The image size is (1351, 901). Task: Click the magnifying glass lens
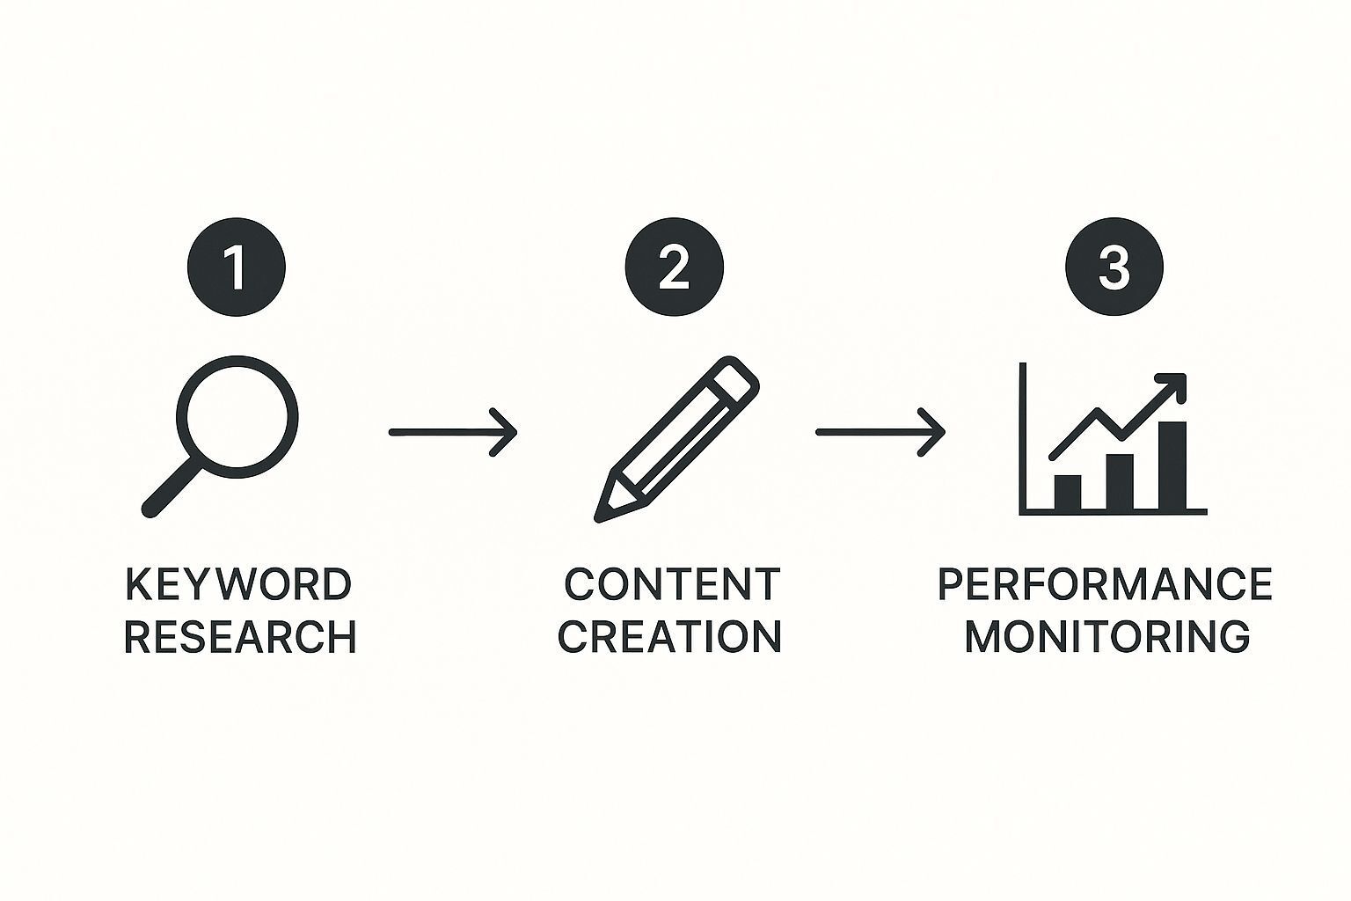[237, 416]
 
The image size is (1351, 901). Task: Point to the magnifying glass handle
[172, 488]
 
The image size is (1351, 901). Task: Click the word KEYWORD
[238, 584]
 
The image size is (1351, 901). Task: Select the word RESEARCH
[240, 637]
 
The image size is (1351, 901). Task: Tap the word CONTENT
[672, 584]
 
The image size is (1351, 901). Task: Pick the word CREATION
[670, 637]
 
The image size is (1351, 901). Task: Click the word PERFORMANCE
[1106, 584]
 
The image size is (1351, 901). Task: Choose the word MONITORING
[1107, 637]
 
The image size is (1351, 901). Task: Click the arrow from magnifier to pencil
[453, 432]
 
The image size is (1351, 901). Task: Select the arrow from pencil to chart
[880, 432]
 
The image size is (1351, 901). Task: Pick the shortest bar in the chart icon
[1068, 492]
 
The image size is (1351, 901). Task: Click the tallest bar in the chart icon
[1172, 465]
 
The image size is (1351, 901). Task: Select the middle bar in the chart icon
[1120, 481]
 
